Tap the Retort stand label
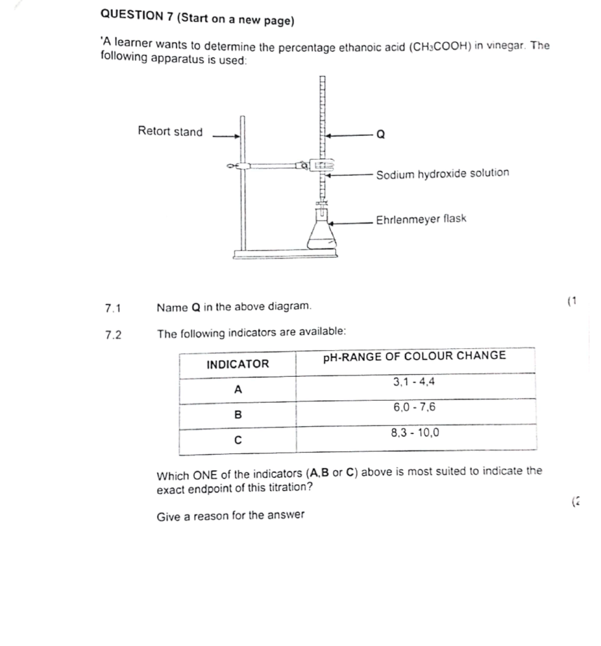click(x=170, y=132)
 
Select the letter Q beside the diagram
click(x=380, y=134)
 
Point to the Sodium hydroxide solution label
click(x=442, y=173)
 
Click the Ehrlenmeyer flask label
click(x=421, y=219)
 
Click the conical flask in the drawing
click(x=320, y=234)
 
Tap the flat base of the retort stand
click(x=285, y=253)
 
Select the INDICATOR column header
click(x=237, y=364)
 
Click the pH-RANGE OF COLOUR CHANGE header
click(x=414, y=356)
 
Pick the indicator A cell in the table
click(x=237, y=390)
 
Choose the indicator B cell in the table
click(x=238, y=415)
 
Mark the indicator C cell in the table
click(x=238, y=441)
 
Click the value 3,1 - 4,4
click(x=414, y=382)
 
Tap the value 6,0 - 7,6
click(x=414, y=408)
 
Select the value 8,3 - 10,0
click(x=415, y=434)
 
